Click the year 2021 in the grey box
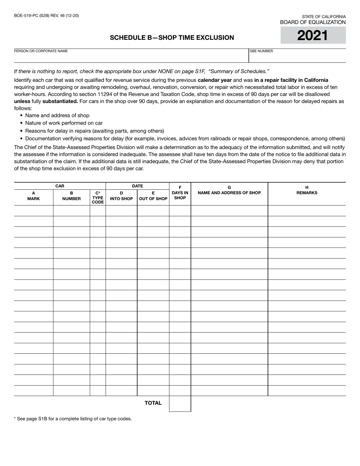(313, 35)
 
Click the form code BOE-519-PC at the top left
(46, 16)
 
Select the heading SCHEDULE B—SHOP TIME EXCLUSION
(172, 38)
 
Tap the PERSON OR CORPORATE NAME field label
(41, 51)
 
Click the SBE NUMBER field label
(261, 51)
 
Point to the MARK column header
(33, 195)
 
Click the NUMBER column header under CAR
(71, 195)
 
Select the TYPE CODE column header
(98, 197)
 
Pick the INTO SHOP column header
(121, 195)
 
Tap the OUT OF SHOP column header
(153, 195)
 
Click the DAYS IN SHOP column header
(180, 195)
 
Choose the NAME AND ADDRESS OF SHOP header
(229, 192)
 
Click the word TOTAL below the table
(153, 403)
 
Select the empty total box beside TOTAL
(180, 403)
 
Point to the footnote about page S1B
(73, 419)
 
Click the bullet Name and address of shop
(57, 115)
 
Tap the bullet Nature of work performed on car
(64, 123)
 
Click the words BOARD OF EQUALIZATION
(313, 22)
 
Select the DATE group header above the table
(137, 186)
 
